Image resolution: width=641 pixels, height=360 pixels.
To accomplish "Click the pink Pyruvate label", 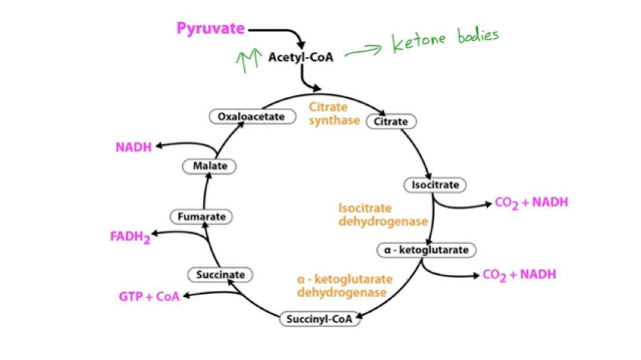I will click(x=211, y=28).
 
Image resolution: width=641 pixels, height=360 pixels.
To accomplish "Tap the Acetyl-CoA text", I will click(x=300, y=57).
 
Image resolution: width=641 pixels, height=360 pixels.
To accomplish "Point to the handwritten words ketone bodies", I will click(x=444, y=41).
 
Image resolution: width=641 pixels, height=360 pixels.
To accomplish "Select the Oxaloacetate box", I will click(x=252, y=117).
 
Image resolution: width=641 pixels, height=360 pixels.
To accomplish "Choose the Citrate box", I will click(x=391, y=122).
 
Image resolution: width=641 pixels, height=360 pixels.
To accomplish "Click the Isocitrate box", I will click(x=435, y=185).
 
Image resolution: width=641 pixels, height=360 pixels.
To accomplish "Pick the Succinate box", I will click(x=220, y=275).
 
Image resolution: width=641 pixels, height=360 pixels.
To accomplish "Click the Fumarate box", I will click(x=202, y=216).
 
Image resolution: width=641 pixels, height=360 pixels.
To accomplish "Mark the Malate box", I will click(x=210, y=166).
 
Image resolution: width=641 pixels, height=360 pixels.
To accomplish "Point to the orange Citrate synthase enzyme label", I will click(x=334, y=114).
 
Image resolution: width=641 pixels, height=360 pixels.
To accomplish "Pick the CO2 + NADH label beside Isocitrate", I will click(x=531, y=203).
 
